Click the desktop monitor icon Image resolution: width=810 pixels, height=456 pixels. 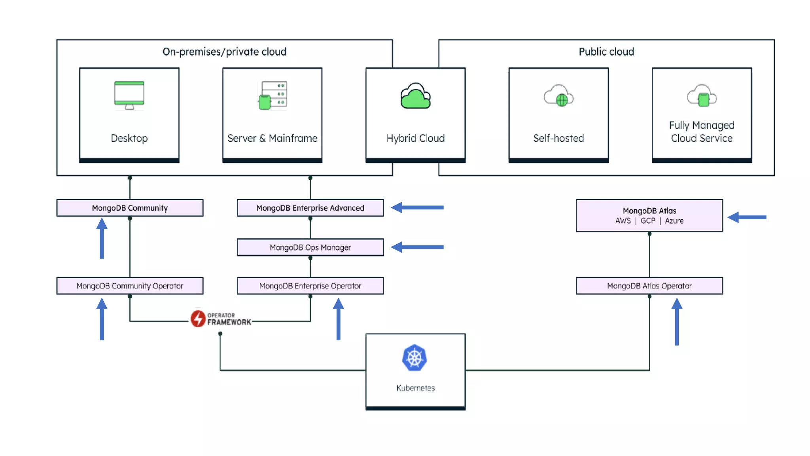(129, 95)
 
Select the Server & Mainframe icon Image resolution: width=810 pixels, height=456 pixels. (273, 95)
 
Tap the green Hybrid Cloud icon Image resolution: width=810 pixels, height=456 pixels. (415, 96)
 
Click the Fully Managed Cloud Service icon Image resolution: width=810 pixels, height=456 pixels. (702, 96)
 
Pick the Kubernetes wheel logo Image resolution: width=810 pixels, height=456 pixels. (414, 358)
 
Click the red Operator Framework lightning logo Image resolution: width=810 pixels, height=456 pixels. (198, 318)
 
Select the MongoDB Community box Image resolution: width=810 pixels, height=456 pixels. (130, 208)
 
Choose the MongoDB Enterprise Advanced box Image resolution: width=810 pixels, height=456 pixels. (310, 208)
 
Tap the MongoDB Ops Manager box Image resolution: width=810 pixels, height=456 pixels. (310, 247)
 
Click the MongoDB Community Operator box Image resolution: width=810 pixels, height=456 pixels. (130, 286)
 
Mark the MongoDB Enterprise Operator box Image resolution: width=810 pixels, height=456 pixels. (310, 286)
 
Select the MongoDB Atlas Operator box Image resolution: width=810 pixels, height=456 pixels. (649, 286)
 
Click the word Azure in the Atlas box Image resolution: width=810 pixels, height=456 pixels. (674, 221)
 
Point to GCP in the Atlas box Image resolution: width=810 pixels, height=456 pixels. (647, 221)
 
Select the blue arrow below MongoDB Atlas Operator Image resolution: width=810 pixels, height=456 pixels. (677, 321)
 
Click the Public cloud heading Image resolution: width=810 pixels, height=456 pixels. (606, 52)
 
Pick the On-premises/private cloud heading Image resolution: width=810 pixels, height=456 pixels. (224, 52)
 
